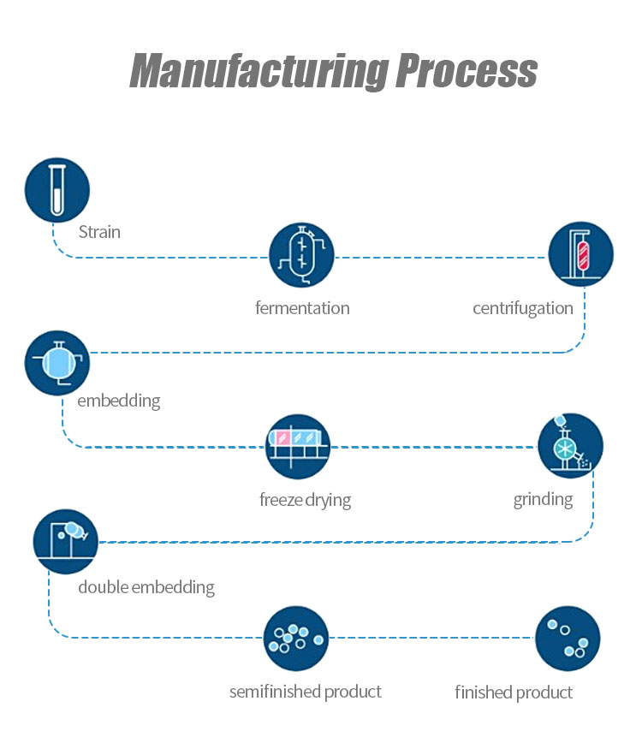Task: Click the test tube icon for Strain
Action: pyautogui.click(x=57, y=190)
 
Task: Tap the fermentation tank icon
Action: pyautogui.click(x=301, y=255)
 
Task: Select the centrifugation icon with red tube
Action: pyautogui.click(x=580, y=254)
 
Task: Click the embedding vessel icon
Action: pyautogui.click(x=57, y=362)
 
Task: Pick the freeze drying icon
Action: pyautogui.click(x=298, y=446)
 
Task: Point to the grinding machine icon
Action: pyautogui.click(x=570, y=446)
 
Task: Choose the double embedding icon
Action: pyautogui.click(x=66, y=541)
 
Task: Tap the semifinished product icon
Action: pyautogui.click(x=296, y=639)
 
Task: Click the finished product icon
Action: pyautogui.click(x=568, y=639)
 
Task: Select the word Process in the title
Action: pyautogui.click(x=466, y=70)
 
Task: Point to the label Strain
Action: pyautogui.click(x=99, y=232)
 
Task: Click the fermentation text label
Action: pyautogui.click(x=302, y=308)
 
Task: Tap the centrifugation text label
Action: pyautogui.click(x=522, y=308)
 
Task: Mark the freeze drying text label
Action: pyautogui.click(x=305, y=499)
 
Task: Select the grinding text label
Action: pyautogui.click(x=543, y=499)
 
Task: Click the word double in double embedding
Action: pyautogui.click(x=104, y=587)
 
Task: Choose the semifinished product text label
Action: pyautogui.click(x=305, y=692)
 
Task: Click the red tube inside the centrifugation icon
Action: pyautogui.click(x=585, y=253)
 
